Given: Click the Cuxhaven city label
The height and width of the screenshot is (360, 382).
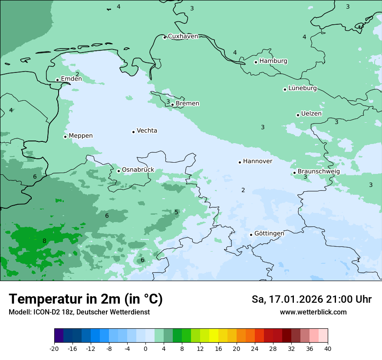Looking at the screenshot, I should (x=183, y=36).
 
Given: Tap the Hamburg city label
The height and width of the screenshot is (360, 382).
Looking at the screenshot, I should (x=273, y=61).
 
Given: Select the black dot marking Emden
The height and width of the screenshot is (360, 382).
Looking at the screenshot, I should (x=57, y=80).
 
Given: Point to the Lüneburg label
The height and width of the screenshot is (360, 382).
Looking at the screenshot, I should (x=302, y=88).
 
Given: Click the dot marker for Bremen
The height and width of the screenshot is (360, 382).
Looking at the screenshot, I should (x=172, y=105).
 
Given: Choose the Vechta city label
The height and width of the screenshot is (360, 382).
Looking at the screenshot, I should (x=147, y=131).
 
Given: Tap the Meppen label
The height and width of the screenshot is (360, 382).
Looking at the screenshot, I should (x=80, y=136).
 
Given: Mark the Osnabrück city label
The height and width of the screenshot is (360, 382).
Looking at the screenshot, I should (x=138, y=170).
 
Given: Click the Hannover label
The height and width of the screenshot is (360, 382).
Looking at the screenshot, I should (x=257, y=161).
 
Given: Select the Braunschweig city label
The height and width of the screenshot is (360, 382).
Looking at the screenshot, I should (x=318, y=172).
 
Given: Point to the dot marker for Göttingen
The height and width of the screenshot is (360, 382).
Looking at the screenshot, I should (x=251, y=235).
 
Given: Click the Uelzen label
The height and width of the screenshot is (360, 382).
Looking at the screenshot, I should (x=311, y=114).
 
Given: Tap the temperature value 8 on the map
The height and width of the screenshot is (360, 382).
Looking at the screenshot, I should (x=44, y=241).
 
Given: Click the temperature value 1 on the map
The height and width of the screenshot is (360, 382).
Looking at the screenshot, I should (x=358, y=260).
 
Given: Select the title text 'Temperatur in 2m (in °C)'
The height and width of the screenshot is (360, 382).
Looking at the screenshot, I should (x=86, y=299).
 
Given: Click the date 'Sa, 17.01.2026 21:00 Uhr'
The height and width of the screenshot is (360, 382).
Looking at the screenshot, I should (x=311, y=299).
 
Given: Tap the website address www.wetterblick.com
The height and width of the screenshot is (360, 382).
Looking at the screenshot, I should (x=313, y=312).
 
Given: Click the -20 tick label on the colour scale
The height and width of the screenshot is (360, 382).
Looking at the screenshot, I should (x=54, y=349).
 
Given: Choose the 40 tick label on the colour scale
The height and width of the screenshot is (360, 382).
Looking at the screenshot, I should (x=328, y=349).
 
